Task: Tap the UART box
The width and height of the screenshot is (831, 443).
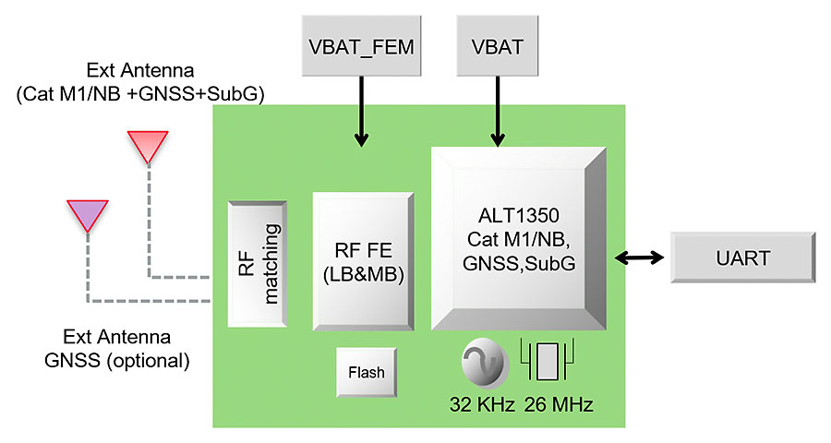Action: (743, 257)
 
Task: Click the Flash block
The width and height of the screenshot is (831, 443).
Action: (367, 374)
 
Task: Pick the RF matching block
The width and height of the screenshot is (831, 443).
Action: (257, 264)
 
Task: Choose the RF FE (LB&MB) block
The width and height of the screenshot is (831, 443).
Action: (362, 261)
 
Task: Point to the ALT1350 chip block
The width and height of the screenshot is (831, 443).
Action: (519, 238)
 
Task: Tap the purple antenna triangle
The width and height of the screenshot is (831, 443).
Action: (88, 215)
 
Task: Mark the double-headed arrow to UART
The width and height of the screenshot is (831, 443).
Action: (640, 257)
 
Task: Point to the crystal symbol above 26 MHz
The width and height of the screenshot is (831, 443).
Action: (548, 361)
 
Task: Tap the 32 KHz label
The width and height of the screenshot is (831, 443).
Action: (481, 403)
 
